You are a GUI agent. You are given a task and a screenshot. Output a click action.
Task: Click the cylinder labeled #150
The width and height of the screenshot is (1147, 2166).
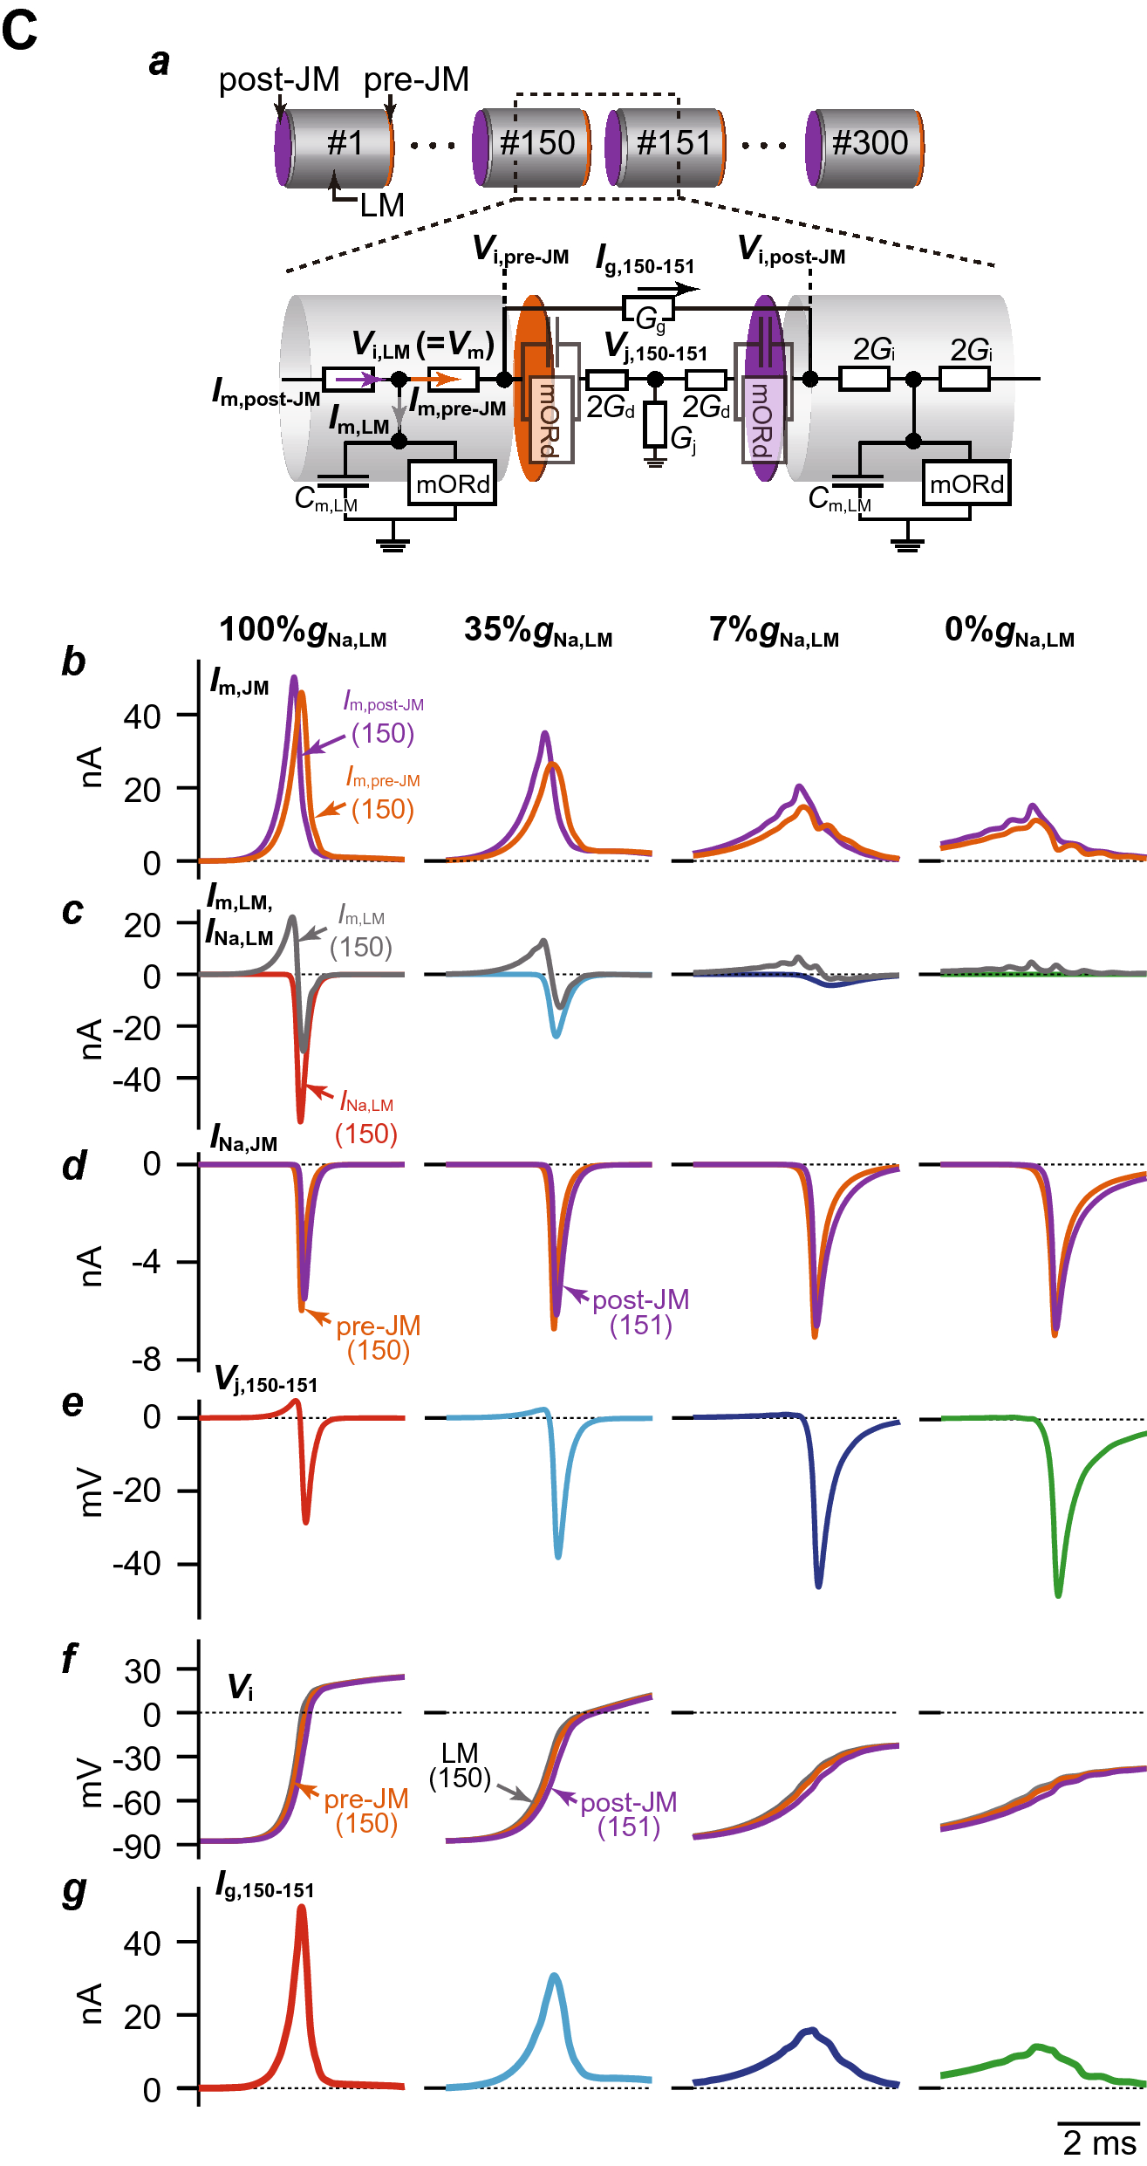pyautogui.click(x=532, y=146)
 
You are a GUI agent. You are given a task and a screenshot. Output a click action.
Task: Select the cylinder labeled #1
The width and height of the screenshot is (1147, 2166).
pyautogui.click(x=336, y=146)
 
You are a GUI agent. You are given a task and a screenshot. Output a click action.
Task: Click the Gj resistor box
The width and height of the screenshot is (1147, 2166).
pyautogui.click(x=655, y=424)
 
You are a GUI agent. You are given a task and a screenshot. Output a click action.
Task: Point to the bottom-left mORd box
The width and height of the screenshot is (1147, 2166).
pyautogui.click(x=452, y=484)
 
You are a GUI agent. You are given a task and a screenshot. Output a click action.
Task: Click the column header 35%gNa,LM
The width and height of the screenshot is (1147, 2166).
pyautogui.click(x=538, y=630)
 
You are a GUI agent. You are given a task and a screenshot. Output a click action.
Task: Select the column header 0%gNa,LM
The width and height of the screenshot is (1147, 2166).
pyautogui.click(x=1009, y=630)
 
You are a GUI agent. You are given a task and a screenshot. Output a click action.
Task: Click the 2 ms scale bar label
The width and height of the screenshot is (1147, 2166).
pyautogui.click(x=1099, y=2142)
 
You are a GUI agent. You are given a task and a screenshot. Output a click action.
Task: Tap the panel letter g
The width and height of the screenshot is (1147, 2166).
pyautogui.click(x=74, y=1891)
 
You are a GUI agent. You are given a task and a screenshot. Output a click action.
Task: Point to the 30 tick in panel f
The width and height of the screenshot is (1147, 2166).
pyautogui.click(x=143, y=1671)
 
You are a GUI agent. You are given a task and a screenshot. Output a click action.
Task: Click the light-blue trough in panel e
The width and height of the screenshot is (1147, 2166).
pyautogui.click(x=558, y=1555)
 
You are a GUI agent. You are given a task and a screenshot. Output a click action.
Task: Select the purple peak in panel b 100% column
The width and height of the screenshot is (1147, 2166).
pyautogui.click(x=294, y=678)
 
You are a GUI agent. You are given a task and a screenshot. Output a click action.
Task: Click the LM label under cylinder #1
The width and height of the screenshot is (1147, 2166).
pyautogui.click(x=382, y=206)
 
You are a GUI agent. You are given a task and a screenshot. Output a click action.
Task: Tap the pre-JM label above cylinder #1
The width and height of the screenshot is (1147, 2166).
pyautogui.click(x=416, y=79)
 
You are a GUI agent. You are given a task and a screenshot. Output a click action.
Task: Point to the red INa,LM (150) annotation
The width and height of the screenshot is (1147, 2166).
pyautogui.click(x=366, y=1119)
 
